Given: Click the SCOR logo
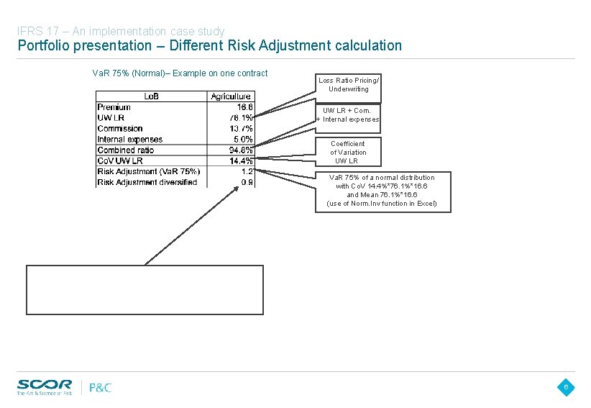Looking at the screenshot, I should click(x=45, y=386).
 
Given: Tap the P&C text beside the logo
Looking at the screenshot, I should click(x=100, y=388).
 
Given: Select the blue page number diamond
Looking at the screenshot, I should click(x=566, y=388).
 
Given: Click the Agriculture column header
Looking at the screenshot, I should click(x=231, y=96).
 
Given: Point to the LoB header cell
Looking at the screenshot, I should click(x=152, y=96).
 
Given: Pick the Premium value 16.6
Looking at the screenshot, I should click(x=244, y=107).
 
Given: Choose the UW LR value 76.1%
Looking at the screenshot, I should click(x=241, y=118).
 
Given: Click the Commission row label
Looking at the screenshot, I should click(x=120, y=129).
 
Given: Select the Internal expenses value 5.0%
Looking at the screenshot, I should click(x=243, y=140).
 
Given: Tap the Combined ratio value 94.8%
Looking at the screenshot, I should click(x=241, y=150).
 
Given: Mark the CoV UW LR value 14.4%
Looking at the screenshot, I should click(x=241, y=160).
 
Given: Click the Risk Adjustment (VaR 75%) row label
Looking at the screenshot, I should click(x=149, y=171).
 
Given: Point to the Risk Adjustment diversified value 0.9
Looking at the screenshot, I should click(x=247, y=182).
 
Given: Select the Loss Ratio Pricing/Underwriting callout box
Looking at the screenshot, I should click(x=348, y=85).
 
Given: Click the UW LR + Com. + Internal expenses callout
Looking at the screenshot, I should click(x=348, y=115).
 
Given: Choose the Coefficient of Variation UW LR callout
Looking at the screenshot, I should click(x=349, y=153).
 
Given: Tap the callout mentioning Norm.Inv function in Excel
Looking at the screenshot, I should click(x=381, y=191).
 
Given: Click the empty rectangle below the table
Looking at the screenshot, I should click(x=145, y=290).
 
